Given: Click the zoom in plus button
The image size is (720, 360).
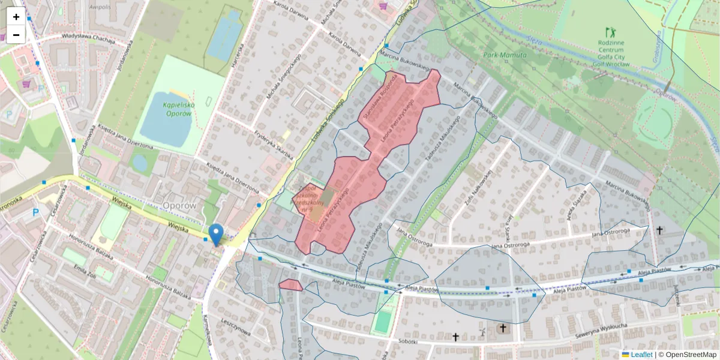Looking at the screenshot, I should tap(16, 17).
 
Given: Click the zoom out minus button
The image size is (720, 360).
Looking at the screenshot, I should tap(16, 35).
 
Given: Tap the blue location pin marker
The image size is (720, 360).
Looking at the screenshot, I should tap(216, 235).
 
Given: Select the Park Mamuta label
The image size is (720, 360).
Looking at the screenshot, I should tap(505, 55).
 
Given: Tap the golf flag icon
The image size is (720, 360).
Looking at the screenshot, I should tap(611, 31).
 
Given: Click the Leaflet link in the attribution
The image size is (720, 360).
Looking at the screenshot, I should tap(641, 355).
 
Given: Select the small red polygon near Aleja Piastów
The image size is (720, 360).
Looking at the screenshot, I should tap(290, 286).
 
